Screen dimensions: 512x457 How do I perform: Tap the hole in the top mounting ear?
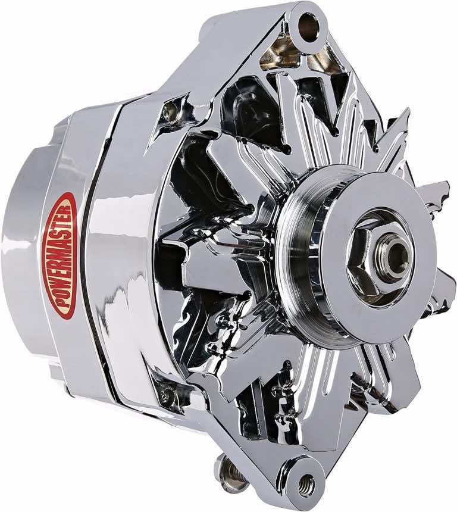point(308,26)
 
